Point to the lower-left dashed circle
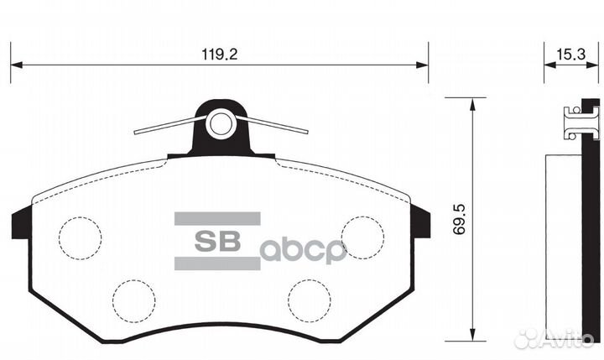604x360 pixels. coord(134,298)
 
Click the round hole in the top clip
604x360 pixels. coord(221,124)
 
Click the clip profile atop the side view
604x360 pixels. coord(580,122)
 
